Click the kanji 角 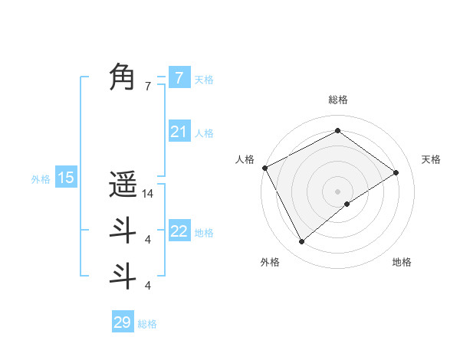[123, 77]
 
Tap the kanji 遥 [123, 185]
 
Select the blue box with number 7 [179, 77]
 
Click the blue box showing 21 [179, 132]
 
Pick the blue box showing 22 [179, 231]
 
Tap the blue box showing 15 [66, 178]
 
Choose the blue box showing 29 [123, 322]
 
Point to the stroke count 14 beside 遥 [149, 194]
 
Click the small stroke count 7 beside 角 [148, 87]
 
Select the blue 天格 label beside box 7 [203, 80]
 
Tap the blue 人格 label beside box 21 [204, 133]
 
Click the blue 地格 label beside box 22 [204, 233]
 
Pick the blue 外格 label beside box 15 [41, 180]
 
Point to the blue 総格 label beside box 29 [147, 324]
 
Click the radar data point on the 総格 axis [337, 132]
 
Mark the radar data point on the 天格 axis [396, 172]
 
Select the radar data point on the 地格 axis [347, 204]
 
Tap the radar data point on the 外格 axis [301, 242]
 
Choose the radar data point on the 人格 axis [264, 168]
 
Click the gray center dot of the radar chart [337, 191]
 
